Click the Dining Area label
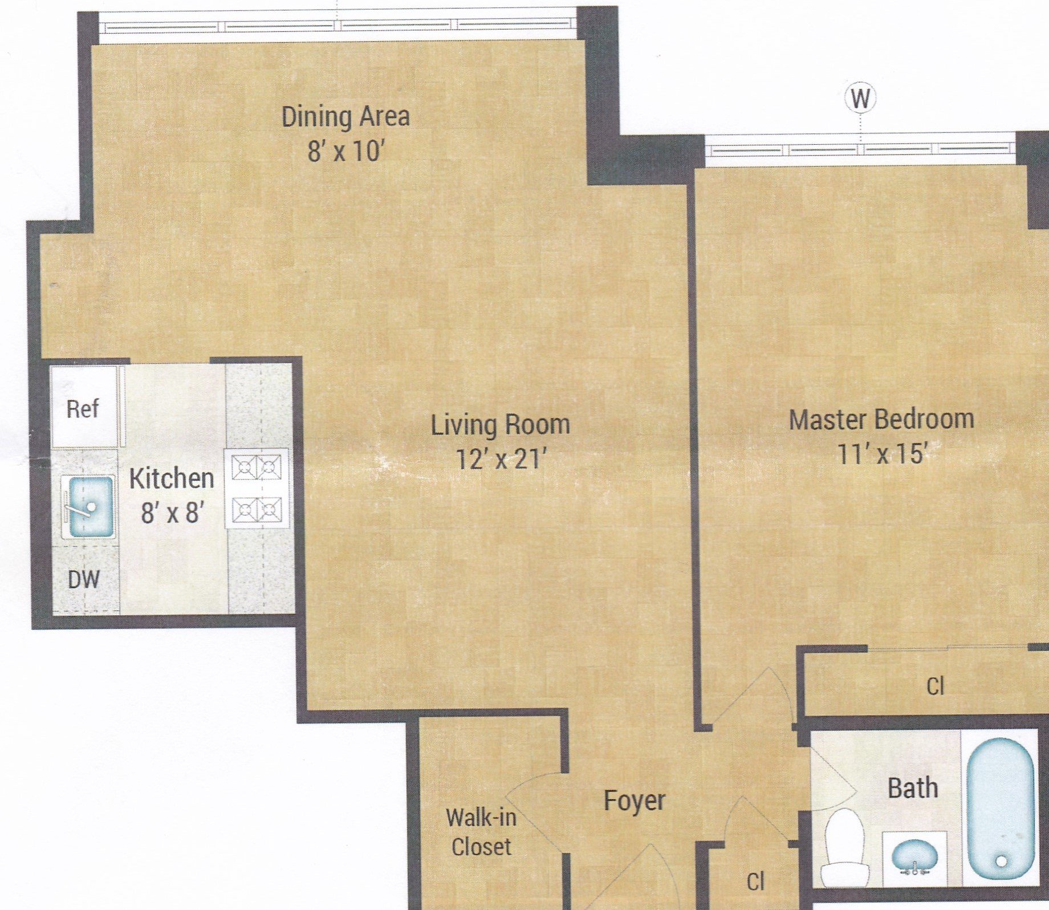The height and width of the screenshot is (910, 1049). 345,117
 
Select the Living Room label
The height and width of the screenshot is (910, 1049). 500,425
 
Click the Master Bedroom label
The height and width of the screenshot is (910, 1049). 881,420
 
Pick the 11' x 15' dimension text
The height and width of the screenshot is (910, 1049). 881,454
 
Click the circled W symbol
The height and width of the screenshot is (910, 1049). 860,99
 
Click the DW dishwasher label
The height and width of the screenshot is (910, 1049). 84,580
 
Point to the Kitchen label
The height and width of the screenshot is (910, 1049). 172,478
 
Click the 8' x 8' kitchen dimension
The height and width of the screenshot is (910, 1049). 172,513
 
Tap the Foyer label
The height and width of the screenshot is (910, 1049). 634,801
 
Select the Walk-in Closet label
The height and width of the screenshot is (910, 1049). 481,832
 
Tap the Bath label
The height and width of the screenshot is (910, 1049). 912,789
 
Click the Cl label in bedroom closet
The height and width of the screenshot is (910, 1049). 935,686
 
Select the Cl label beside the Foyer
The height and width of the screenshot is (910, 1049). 755,881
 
